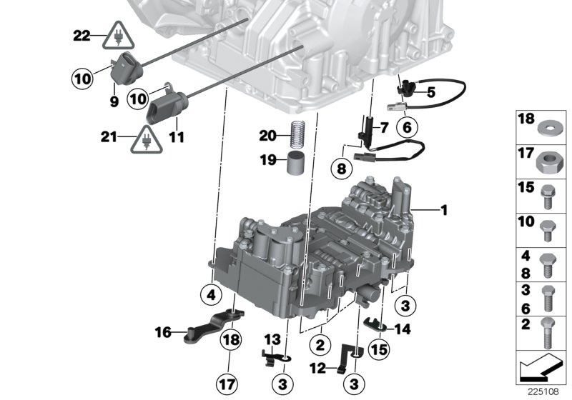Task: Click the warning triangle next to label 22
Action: (x=116, y=35)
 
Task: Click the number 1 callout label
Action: (x=443, y=209)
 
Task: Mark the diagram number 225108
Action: (x=543, y=391)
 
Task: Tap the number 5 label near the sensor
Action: (x=430, y=91)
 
